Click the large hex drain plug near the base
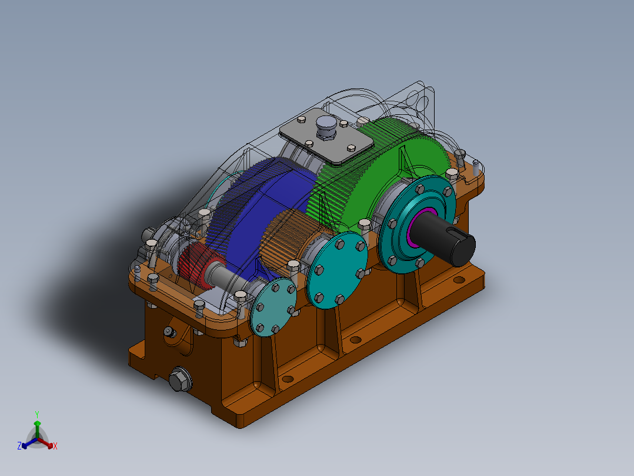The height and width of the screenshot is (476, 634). (x=180, y=379)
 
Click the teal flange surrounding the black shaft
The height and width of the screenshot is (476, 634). (x=394, y=247)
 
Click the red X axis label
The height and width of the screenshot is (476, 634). (x=55, y=447)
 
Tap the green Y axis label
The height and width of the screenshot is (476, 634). (x=36, y=414)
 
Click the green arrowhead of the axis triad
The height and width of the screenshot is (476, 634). (x=37, y=424)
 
